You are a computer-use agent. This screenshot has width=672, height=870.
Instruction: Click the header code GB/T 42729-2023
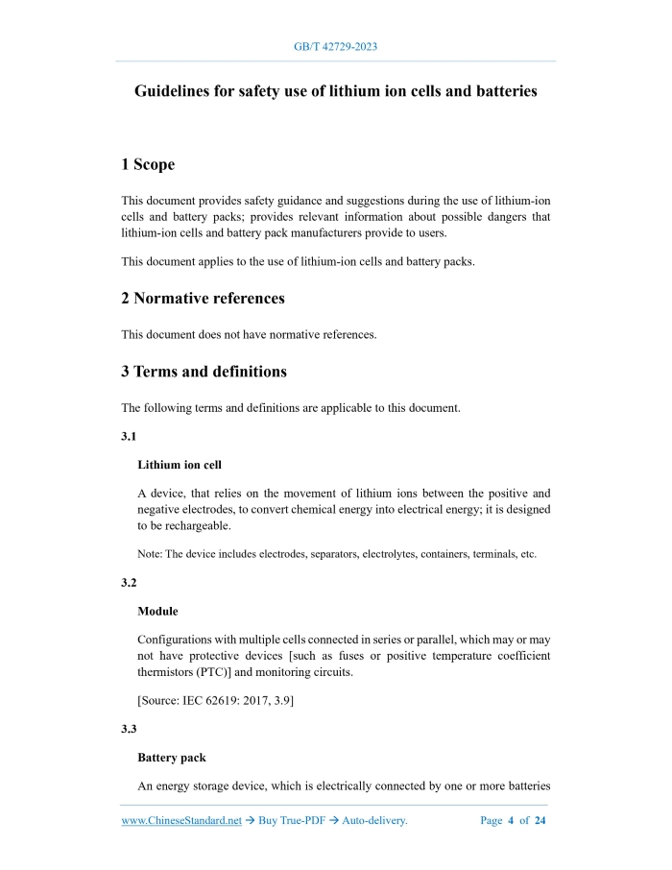[335, 46]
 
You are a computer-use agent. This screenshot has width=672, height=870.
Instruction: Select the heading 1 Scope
[148, 165]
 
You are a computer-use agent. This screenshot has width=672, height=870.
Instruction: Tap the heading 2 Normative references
[203, 299]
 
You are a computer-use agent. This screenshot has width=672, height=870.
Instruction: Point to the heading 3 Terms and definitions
[204, 372]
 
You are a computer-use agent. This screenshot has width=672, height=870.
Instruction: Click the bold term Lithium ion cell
[180, 466]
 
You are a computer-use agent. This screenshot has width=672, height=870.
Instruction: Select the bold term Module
[157, 612]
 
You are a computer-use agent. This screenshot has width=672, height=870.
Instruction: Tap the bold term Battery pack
[171, 758]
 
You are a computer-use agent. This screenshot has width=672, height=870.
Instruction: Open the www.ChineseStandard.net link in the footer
[181, 821]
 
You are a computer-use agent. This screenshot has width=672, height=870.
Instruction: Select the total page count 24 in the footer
[540, 821]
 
